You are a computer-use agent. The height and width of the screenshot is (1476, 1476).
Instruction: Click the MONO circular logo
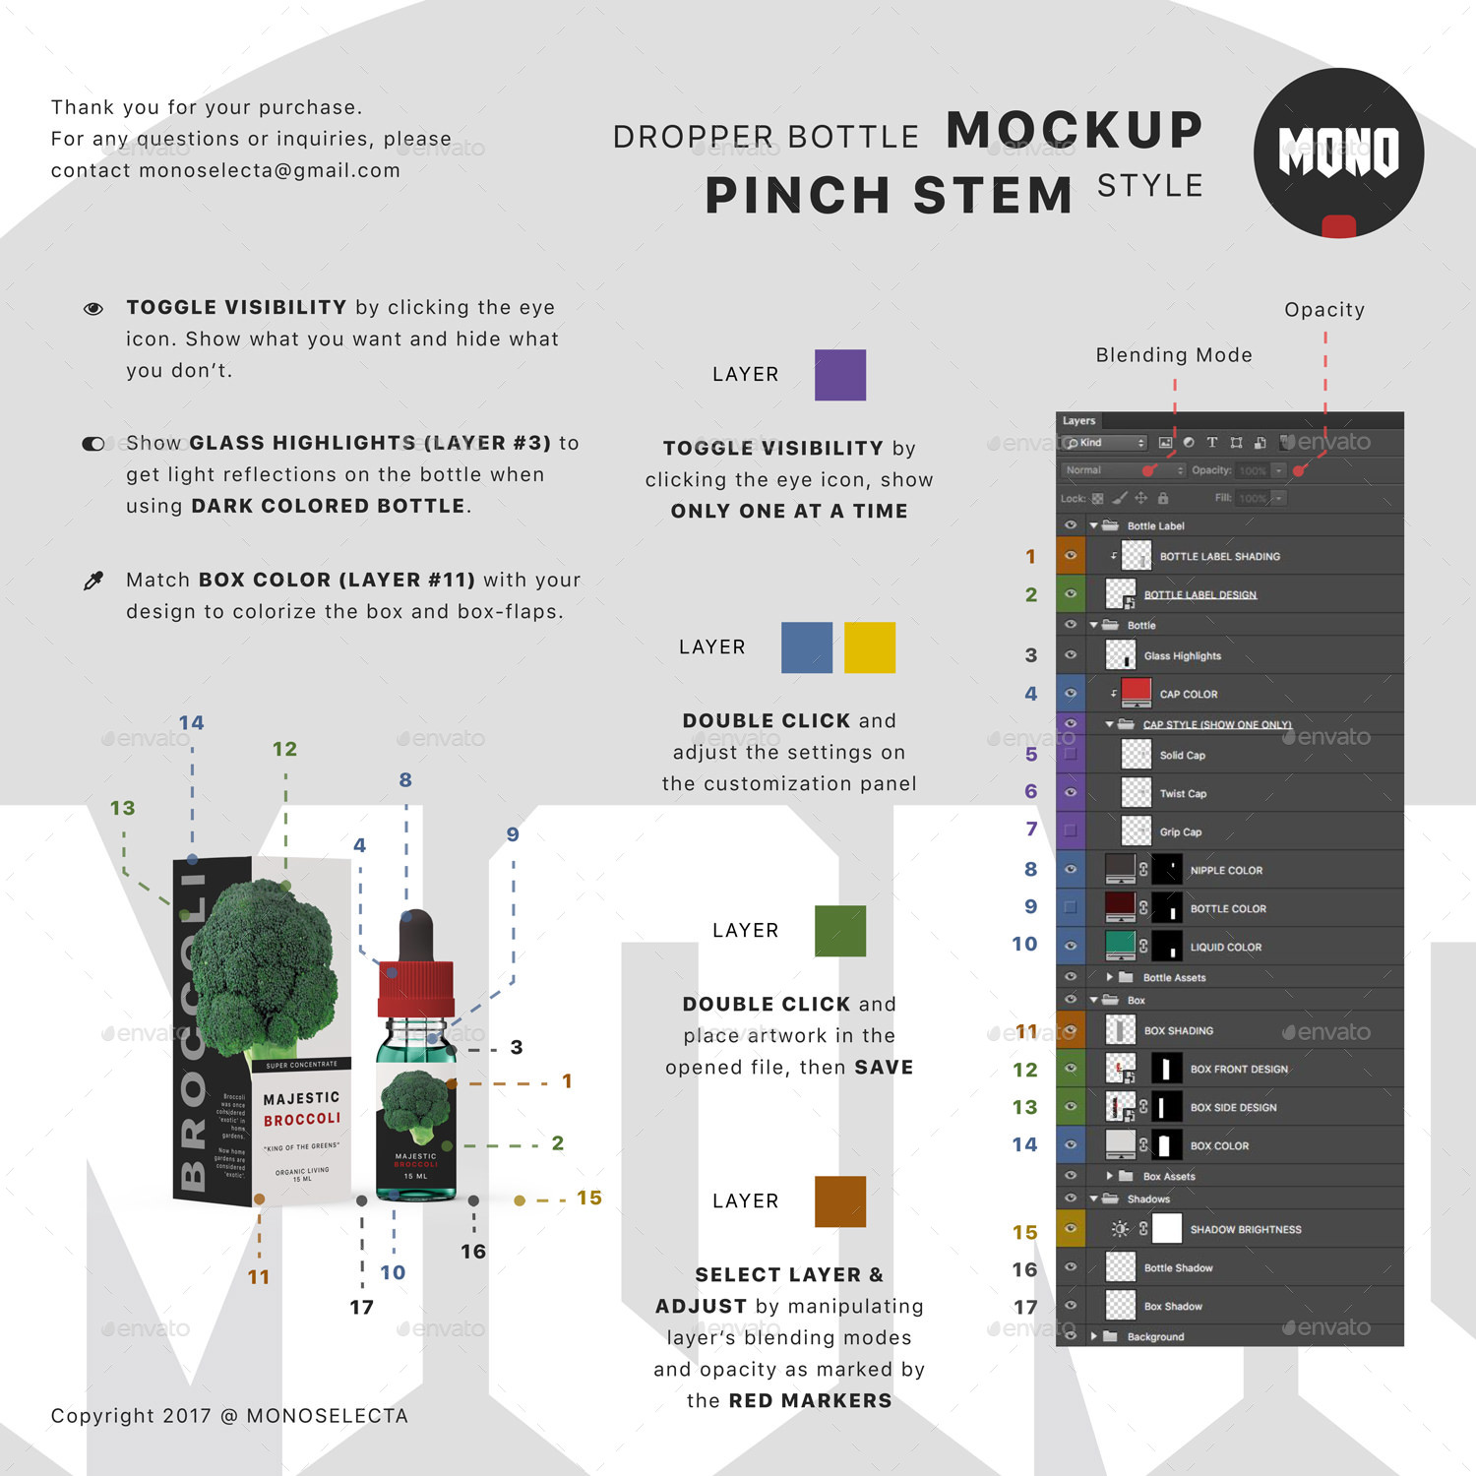(x=1338, y=153)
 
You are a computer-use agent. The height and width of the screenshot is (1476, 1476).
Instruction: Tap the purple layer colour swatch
(x=839, y=375)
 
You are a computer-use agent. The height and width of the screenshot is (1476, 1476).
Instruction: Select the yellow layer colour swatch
(x=870, y=647)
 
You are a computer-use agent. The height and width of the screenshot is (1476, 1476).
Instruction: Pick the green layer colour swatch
(x=839, y=931)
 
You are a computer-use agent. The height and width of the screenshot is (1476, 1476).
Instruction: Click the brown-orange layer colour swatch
(x=839, y=1201)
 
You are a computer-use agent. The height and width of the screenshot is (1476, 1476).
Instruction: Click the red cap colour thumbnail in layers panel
(x=1137, y=692)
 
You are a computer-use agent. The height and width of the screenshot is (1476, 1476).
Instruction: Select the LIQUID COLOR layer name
(x=1225, y=948)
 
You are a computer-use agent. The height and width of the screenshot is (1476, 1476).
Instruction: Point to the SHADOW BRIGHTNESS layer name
(x=1245, y=1230)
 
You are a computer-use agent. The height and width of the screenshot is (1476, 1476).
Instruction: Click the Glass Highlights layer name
(x=1182, y=656)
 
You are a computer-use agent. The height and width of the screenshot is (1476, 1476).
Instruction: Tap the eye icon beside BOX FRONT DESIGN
(x=1071, y=1069)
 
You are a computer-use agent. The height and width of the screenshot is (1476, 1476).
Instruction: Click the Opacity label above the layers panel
(x=1324, y=310)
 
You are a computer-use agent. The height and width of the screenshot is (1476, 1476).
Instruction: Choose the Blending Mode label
(x=1174, y=355)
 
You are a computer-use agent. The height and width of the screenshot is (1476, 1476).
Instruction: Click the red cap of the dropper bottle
(x=415, y=989)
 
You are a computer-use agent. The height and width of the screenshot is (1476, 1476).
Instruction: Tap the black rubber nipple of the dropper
(x=415, y=935)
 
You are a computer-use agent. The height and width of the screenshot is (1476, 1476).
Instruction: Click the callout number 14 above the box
(x=191, y=723)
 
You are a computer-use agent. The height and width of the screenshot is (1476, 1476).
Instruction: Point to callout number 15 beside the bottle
(x=588, y=1199)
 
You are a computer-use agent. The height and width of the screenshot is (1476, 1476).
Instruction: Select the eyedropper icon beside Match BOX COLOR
(x=93, y=581)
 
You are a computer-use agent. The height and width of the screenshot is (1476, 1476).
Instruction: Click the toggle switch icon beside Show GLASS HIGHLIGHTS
(x=93, y=444)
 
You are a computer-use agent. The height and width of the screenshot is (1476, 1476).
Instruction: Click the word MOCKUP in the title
(x=1075, y=131)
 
